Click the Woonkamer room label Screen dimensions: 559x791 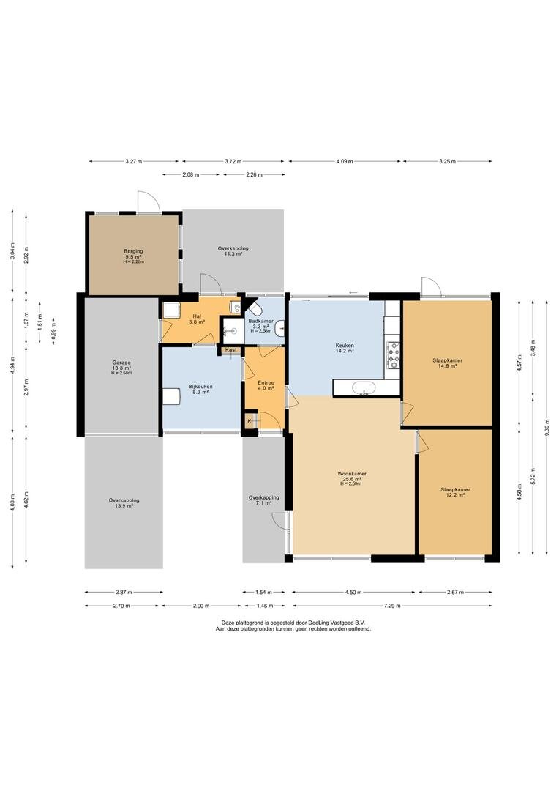352,474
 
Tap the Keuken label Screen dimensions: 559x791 345,346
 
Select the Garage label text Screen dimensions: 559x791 121,363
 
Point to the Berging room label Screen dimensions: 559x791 134,251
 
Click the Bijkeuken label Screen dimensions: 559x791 200,387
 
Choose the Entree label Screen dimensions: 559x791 266,382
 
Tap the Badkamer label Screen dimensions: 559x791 261,321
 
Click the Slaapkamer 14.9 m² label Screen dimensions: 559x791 447,363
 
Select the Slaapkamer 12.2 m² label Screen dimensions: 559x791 455,492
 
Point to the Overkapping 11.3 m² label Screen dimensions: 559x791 233,250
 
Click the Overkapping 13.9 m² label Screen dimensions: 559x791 124,503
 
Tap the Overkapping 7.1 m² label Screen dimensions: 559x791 263,500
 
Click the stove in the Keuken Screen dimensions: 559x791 393,354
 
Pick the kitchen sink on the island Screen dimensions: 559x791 363,388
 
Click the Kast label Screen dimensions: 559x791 231,349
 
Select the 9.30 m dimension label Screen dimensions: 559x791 547,427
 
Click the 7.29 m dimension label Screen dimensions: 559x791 391,606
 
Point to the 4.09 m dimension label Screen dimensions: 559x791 344,161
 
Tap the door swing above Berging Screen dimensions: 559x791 149,202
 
